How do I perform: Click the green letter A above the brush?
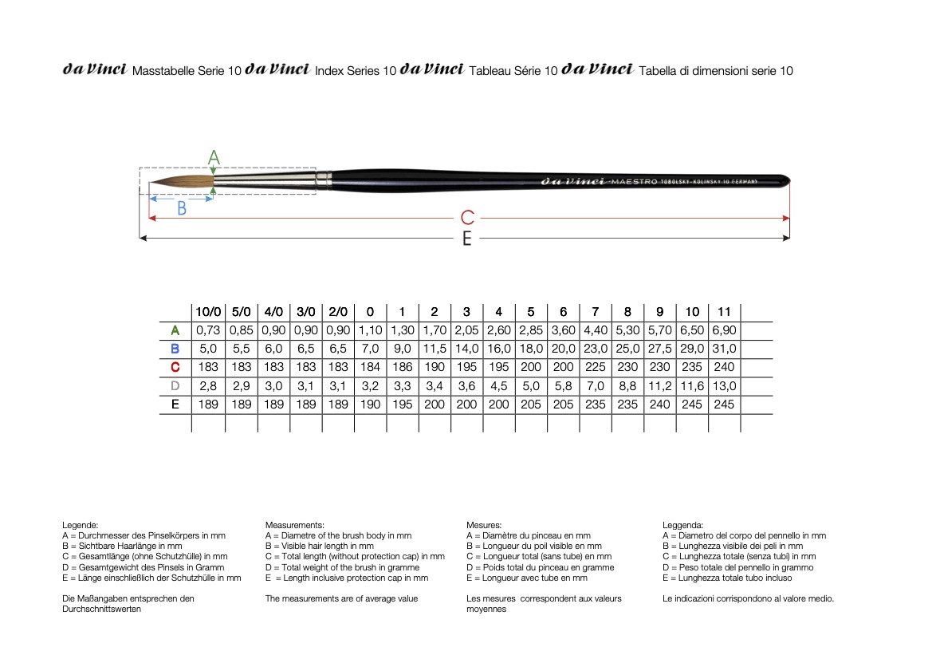(214, 157)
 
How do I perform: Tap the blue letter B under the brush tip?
(182, 209)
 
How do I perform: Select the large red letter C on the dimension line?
(468, 217)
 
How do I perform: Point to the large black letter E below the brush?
(467, 239)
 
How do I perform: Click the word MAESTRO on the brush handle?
(634, 181)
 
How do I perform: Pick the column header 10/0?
(208, 312)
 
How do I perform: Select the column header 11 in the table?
(724, 312)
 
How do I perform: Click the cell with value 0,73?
(208, 330)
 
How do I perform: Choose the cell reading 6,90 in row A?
(724, 330)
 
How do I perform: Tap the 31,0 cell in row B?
(724, 349)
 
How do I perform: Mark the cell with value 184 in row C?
(370, 367)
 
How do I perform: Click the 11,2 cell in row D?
(659, 386)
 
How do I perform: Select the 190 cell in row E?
(370, 404)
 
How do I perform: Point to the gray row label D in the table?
(175, 386)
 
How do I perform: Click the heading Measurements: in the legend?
(294, 525)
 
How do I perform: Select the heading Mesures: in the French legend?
(484, 525)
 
